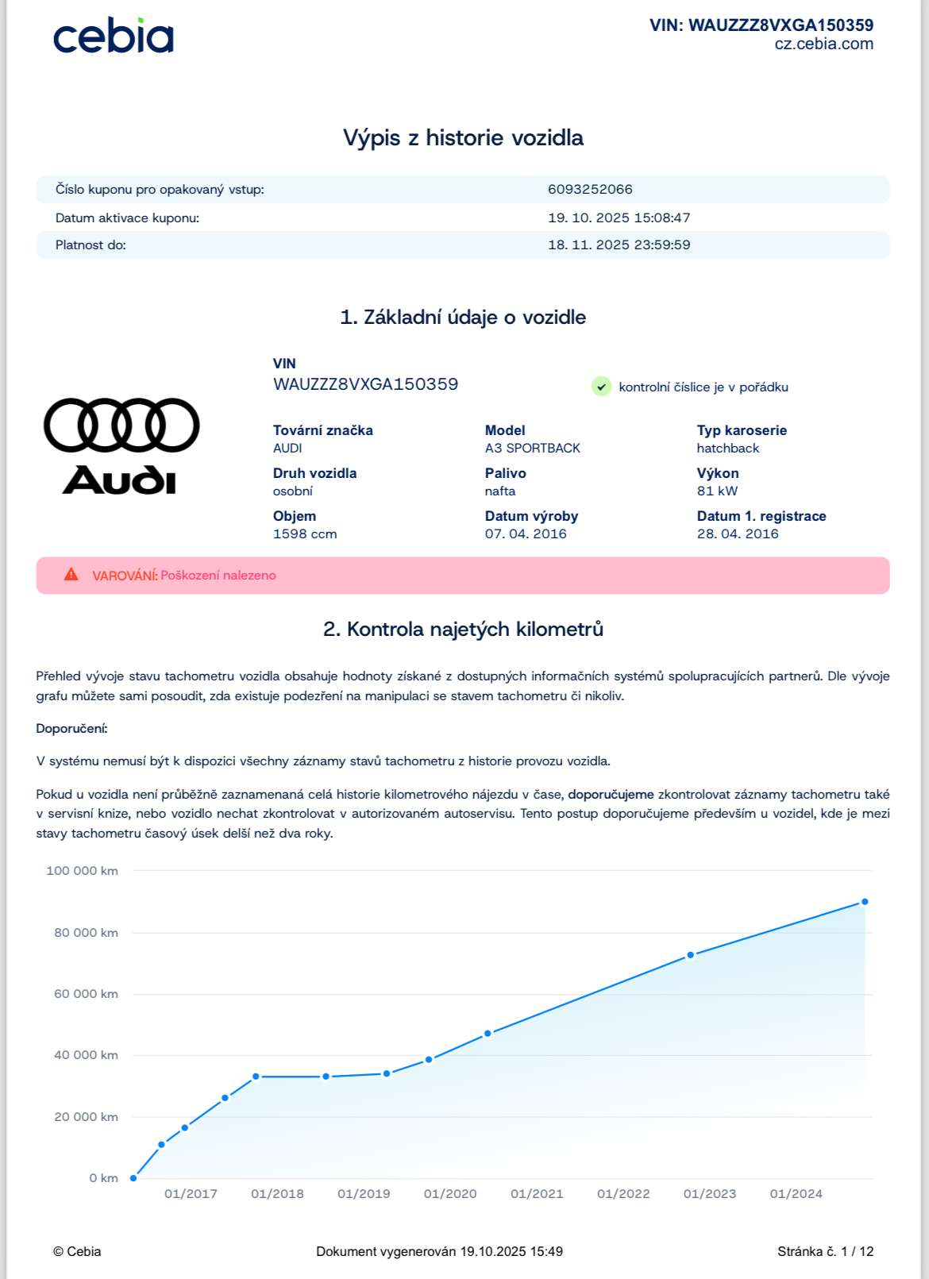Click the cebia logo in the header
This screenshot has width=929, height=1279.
click(x=113, y=37)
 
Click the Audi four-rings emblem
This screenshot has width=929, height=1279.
click(x=121, y=425)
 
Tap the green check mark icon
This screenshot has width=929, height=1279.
click(x=602, y=387)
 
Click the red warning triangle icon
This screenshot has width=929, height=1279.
click(x=71, y=574)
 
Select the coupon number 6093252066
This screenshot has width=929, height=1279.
click(x=590, y=189)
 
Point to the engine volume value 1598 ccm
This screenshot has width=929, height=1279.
click(x=305, y=534)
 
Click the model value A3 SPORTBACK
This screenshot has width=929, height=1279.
click(x=532, y=449)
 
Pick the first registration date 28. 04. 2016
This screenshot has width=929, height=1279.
click(x=738, y=534)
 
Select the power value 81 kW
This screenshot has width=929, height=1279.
click(x=717, y=491)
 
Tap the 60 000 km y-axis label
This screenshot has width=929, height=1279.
click(x=86, y=994)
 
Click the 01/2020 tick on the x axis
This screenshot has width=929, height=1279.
click(x=450, y=1194)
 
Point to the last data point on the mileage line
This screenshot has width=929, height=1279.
click(x=865, y=902)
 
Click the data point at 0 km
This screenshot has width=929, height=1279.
click(x=133, y=1178)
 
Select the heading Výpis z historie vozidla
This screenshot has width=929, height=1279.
click(x=463, y=138)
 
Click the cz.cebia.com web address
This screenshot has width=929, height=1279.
click(x=823, y=44)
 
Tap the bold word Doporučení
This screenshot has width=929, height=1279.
click(x=71, y=728)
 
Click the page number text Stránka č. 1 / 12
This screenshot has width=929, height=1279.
click(x=825, y=1251)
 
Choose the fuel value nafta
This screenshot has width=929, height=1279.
click(x=500, y=491)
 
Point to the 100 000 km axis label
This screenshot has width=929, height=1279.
click(x=82, y=871)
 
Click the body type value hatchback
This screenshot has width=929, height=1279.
click(x=727, y=449)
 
